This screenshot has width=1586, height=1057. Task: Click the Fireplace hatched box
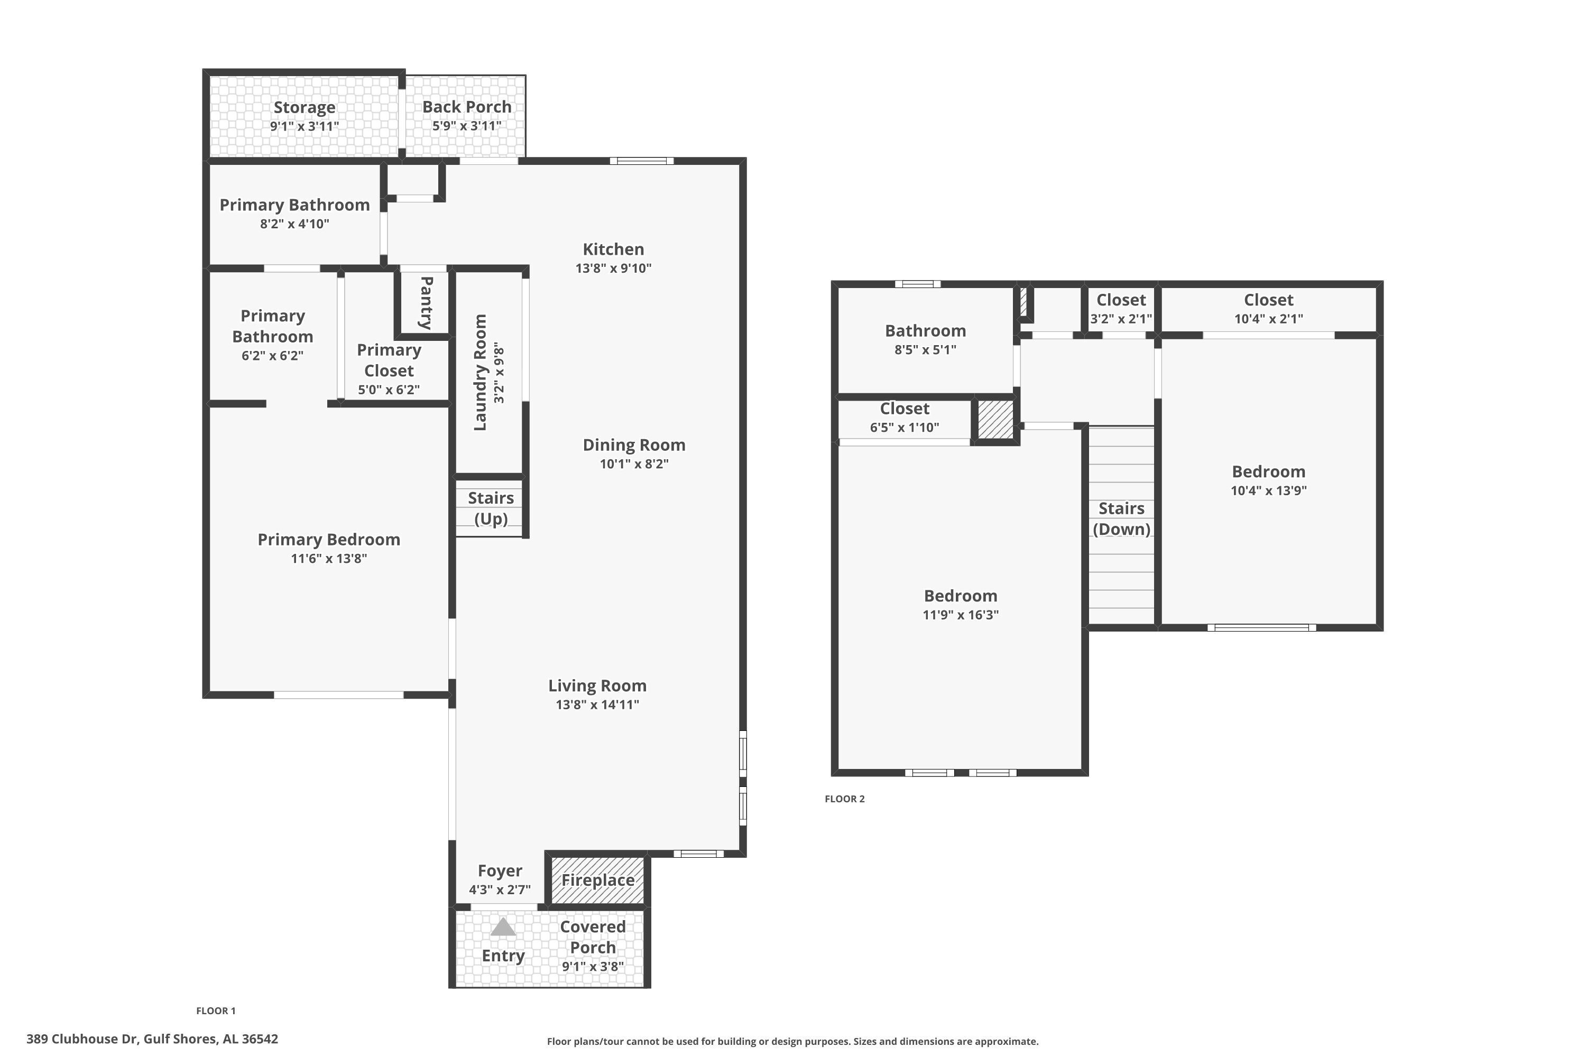[597, 880]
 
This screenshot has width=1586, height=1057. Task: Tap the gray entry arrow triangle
[503, 928]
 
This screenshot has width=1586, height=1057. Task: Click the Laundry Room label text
[480, 372]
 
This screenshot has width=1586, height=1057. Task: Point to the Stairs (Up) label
[491, 508]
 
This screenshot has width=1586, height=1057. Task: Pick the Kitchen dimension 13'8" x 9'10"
[614, 268]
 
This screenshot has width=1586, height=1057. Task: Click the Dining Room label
[634, 445]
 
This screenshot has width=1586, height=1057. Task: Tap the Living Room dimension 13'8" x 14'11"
[597, 705]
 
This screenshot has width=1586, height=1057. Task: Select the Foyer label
[500, 871]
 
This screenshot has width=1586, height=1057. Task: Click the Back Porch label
[467, 107]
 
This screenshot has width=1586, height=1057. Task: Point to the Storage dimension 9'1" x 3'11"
[305, 126]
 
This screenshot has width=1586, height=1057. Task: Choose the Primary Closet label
[389, 360]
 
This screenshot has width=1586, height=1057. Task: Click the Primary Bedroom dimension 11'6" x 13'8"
[329, 558]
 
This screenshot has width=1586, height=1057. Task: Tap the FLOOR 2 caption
[844, 799]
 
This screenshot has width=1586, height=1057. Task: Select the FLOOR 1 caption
[216, 1010]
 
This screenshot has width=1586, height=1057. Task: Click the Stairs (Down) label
[1121, 518]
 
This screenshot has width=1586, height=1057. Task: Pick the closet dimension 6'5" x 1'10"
[904, 428]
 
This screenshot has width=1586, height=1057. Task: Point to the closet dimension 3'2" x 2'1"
[1121, 319]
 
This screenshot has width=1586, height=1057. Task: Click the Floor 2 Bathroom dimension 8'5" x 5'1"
[925, 350]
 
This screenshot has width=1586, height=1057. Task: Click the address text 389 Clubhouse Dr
[83, 1039]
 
